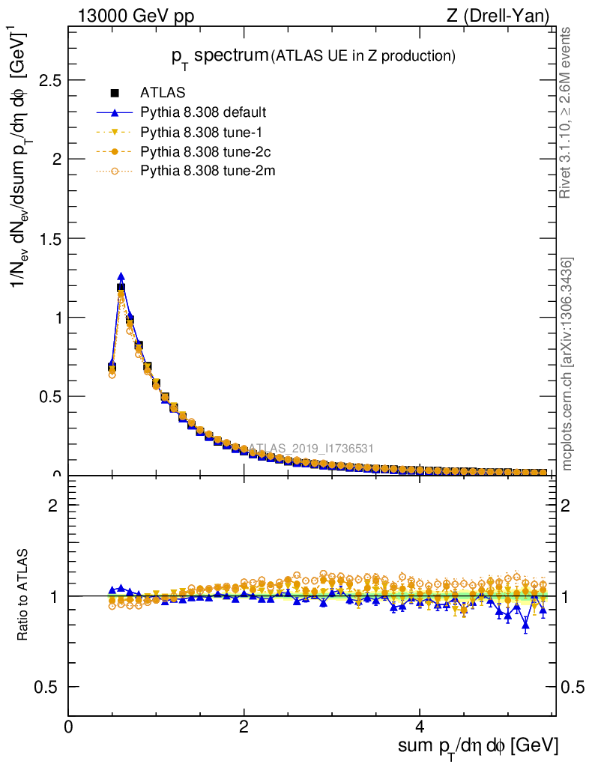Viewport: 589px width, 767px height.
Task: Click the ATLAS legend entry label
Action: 162,93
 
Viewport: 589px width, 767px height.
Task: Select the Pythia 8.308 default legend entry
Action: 203,112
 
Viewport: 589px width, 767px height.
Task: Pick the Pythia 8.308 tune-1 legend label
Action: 197,132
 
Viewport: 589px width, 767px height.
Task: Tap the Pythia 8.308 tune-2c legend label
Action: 200,151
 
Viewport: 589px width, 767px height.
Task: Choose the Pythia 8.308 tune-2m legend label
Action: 202,171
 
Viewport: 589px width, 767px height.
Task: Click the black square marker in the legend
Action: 115,93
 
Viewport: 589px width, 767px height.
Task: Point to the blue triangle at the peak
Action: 121,276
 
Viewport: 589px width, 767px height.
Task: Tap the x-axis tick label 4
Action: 420,727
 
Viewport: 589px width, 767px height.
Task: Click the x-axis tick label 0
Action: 68,727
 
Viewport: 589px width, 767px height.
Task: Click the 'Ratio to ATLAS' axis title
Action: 22,596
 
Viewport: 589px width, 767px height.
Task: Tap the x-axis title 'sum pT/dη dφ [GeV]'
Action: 477,746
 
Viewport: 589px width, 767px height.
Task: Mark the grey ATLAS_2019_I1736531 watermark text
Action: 310,449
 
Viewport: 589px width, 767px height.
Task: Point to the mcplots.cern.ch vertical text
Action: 567,364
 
